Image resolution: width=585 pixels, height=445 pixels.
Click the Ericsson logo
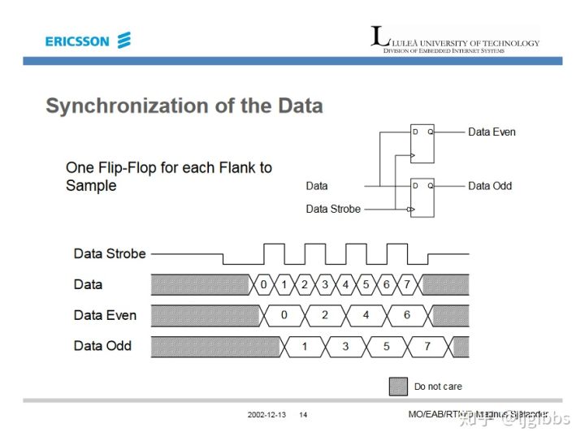coord(88,41)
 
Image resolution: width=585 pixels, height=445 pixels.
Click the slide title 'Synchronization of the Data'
coord(184,106)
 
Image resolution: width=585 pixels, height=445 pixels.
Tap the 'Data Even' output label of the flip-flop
coord(492,132)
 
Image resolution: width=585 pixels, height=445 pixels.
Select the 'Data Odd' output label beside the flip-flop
coord(490,186)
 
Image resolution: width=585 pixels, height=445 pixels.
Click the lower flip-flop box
coord(422,197)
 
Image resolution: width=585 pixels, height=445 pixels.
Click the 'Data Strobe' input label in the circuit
coord(333,209)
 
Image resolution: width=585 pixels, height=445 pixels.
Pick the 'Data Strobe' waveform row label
coord(110,253)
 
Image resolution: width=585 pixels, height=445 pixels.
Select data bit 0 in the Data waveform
coord(263,284)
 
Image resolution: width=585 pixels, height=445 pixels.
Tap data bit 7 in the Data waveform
coord(407,284)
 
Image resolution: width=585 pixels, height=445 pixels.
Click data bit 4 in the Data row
coord(345,284)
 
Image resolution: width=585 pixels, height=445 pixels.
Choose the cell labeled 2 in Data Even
coord(325,315)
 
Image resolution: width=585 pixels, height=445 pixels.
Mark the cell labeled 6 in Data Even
coord(407,315)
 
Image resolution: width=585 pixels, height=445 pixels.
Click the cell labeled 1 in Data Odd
coord(305,346)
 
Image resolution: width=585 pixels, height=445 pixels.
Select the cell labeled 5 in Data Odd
coord(387,346)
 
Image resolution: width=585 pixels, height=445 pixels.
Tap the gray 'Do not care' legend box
coord(398,387)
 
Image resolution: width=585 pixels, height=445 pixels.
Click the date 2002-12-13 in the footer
coord(267,416)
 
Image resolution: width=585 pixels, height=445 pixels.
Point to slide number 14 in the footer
coord(303,416)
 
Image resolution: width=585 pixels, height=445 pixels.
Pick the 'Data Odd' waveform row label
coord(102,346)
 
